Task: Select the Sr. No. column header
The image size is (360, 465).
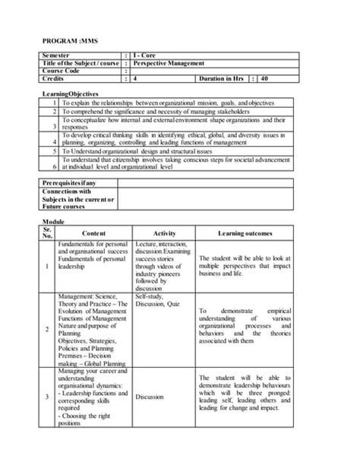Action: tap(49, 230)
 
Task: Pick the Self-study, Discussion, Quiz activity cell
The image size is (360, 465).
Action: tap(154, 302)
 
